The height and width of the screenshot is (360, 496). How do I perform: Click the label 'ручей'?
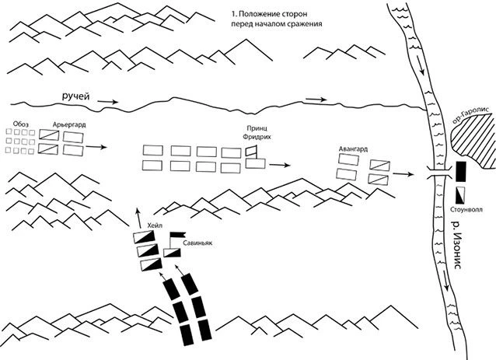coord(75,96)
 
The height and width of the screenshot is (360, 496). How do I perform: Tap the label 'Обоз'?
coord(21,124)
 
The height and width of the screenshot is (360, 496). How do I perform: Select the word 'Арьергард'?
coord(69,124)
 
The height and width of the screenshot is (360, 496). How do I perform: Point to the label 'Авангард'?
coord(353,149)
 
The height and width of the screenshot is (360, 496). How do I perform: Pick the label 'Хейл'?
coord(155,225)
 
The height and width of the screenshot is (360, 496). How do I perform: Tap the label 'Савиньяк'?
coord(197,243)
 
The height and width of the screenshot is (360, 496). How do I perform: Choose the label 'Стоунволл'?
coord(466,209)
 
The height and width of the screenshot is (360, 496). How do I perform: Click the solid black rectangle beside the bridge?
coord(460,172)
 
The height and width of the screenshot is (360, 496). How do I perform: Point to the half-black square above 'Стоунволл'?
coord(460,195)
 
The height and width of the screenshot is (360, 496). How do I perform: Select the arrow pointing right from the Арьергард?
coord(96,147)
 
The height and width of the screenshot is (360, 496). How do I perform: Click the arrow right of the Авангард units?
coord(403,174)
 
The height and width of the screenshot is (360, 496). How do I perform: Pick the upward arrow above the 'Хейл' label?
coord(139,218)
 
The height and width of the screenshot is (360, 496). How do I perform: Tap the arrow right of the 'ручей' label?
coord(107,102)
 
